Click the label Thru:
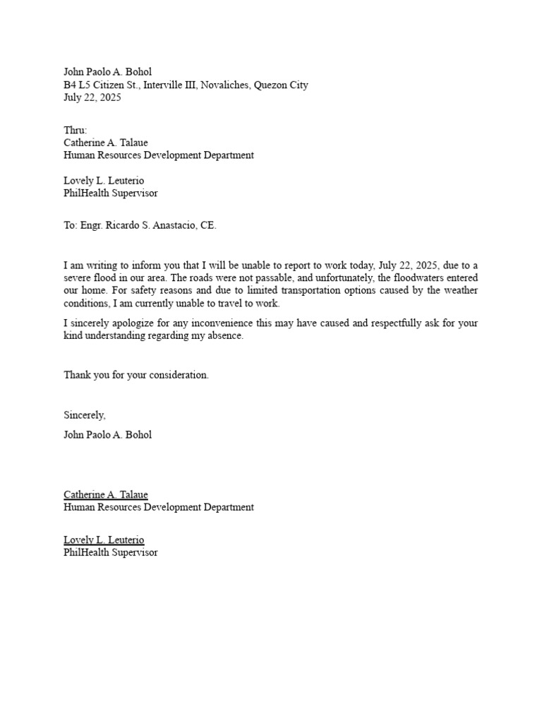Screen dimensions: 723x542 pyautogui.click(x=76, y=130)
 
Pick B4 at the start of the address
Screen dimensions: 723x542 pyautogui.click(x=70, y=85)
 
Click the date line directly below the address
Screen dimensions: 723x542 pyautogui.click(x=92, y=98)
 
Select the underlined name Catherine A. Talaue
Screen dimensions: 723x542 pyautogui.click(x=106, y=495)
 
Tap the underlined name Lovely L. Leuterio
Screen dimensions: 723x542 pyautogui.click(x=104, y=540)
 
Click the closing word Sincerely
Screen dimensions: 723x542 pyautogui.click(x=84, y=415)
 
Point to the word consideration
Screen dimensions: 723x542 pyautogui.click(x=180, y=375)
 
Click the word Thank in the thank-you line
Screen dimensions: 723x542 pyautogui.click(x=77, y=375)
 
